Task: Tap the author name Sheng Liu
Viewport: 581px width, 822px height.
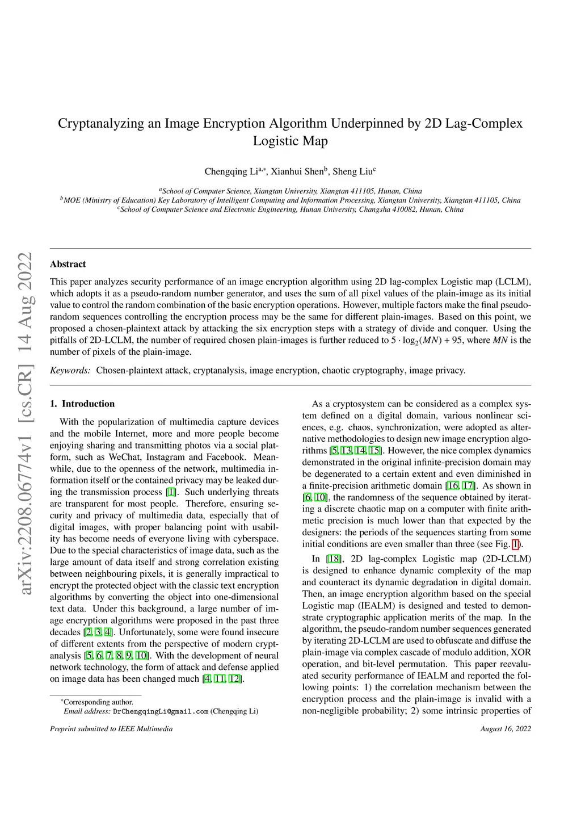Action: (x=352, y=171)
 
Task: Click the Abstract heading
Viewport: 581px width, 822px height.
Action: (x=68, y=264)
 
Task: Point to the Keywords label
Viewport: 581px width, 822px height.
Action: (x=70, y=370)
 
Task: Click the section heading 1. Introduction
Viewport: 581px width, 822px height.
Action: (x=82, y=404)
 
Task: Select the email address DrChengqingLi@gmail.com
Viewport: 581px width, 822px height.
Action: (x=161, y=711)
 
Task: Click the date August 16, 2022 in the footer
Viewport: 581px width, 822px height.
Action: (x=506, y=728)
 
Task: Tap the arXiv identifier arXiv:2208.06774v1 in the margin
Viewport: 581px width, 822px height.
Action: (x=26, y=511)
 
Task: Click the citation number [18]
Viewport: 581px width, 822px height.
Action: (x=334, y=559)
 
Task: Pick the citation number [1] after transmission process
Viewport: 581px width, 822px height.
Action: (x=171, y=492)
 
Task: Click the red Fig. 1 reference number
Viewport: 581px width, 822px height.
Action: (x=516, y=544)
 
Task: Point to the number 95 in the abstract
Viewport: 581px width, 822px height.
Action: (x=457, y=340)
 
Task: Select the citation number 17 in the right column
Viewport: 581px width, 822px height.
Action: (x=469, y=485)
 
